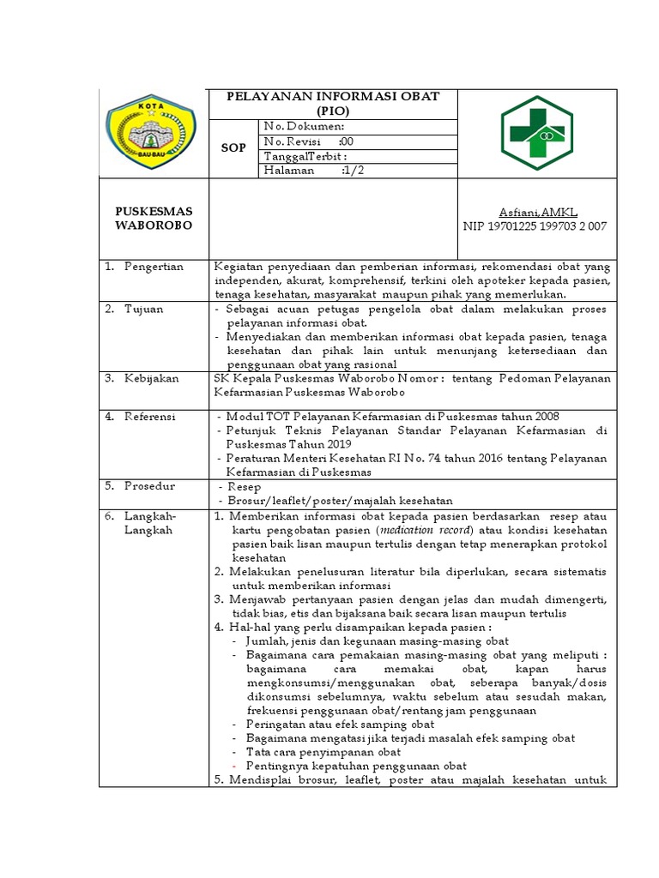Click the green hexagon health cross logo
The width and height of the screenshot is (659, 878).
(x=538, y=132)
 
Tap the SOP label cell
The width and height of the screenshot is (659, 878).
(x=233, y=147)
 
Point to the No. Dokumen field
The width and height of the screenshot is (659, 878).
(x=305, y=126)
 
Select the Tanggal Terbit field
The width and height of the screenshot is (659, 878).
(x=305, y=156)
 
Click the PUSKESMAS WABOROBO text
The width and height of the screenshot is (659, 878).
(x=154, y=218)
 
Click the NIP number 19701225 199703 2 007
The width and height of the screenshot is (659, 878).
(x=534, y=226)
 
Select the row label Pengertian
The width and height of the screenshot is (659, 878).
(x=154, y=267)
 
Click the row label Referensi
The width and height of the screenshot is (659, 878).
(x=150, y=416)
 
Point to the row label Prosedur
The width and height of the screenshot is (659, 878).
(x=149, y=485)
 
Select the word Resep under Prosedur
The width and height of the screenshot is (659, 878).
(x=245, y=486)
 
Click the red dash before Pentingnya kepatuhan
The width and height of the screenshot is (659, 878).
(x=235, y=766)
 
